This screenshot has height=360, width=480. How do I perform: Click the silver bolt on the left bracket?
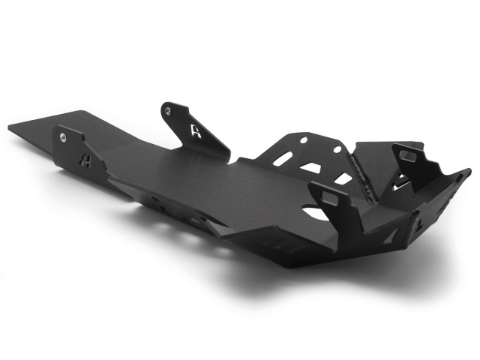(x=62, y=137)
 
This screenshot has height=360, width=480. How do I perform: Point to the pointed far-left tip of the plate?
(x=10, y=127)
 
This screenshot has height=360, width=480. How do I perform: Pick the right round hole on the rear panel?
(x=337, y=148)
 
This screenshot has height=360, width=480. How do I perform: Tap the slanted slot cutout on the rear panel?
(x=283, y=158)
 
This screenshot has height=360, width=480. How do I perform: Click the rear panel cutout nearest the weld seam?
(x=343, y=178)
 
